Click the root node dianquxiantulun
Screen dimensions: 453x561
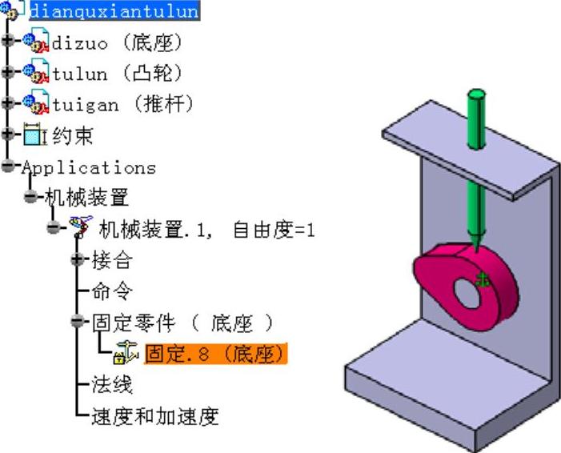tap(114, 11)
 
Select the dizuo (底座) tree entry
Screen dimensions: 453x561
tap(117, 42)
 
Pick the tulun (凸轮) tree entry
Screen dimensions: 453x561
tap(117, 73)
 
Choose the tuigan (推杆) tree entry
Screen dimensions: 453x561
tap(122, 104)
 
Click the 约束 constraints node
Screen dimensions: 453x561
tap(72, 135)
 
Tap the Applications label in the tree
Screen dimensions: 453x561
tap(88, 167)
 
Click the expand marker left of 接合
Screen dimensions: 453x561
tap(77, 260)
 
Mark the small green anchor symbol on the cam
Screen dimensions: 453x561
tap(482, 279)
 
